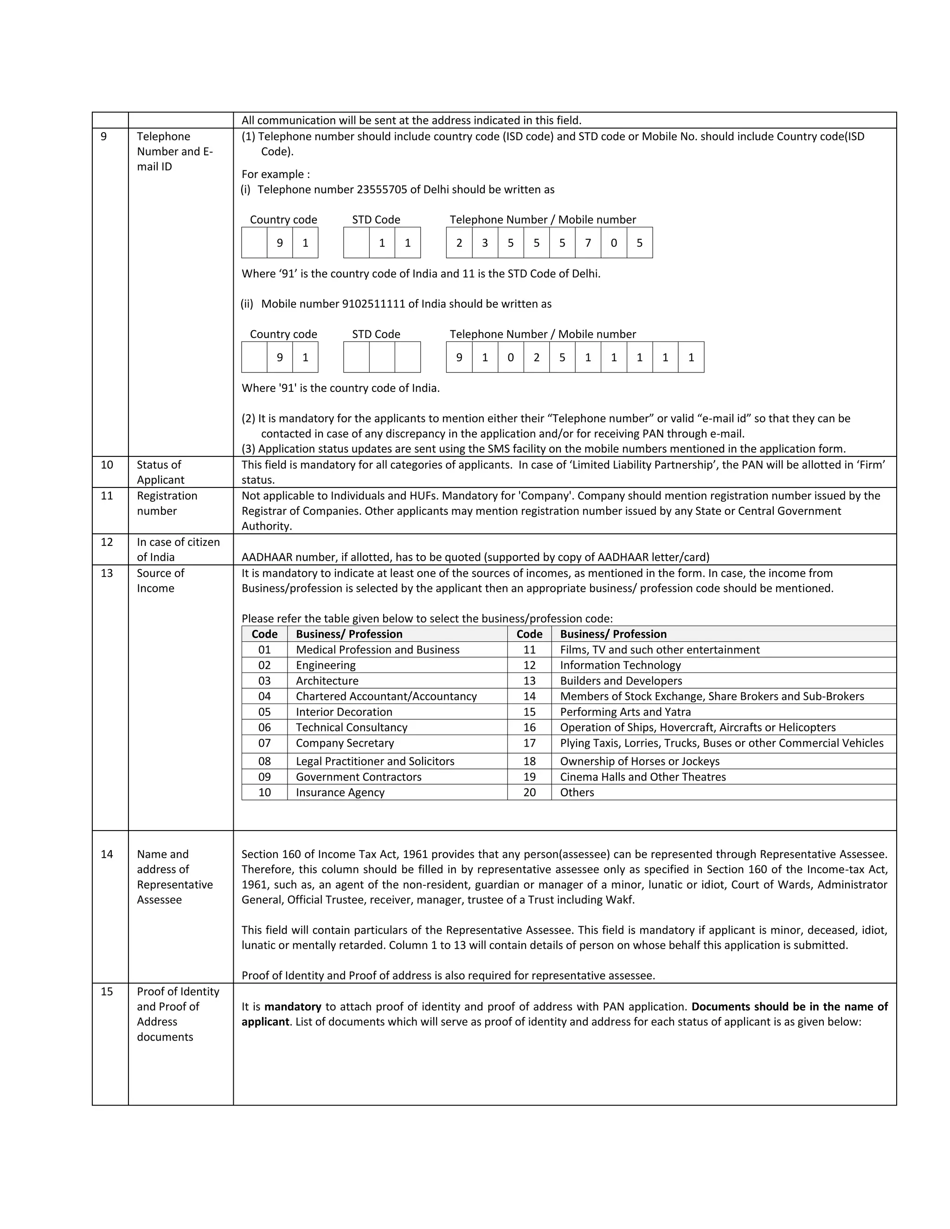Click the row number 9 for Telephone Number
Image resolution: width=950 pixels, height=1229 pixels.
103,136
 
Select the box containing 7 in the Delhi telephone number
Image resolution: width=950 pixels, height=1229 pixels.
588,243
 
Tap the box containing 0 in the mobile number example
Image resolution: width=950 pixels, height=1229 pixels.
510,357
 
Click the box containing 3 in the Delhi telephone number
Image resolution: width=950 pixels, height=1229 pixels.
485,243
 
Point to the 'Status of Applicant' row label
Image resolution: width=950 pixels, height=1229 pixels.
160,472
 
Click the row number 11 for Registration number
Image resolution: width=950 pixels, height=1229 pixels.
107,495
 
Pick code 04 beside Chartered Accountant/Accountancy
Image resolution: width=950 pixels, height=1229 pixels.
264,696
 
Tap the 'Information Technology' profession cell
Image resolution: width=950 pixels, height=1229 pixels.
620,665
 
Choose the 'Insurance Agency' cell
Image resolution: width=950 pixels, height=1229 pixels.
340,792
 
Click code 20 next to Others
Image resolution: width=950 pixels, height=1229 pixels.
529,792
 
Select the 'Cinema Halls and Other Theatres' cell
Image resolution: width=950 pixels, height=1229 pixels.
643,776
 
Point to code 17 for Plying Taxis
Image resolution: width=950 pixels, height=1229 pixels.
529,743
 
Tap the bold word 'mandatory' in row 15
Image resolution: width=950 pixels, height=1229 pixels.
293,1007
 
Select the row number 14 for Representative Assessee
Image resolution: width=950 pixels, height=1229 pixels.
107,854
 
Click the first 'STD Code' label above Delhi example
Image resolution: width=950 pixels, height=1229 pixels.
376,219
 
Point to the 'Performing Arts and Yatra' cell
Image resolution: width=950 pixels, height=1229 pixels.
625,712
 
